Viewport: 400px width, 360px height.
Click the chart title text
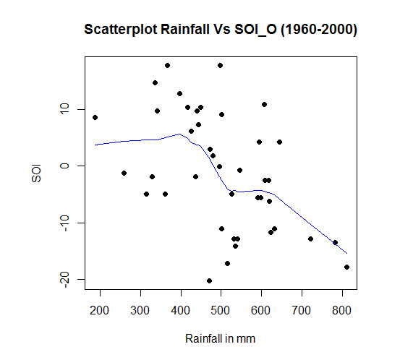[x=221, y=30]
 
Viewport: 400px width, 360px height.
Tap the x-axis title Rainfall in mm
[x=220, y=338]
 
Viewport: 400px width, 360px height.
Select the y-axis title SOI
[x=36, y=173]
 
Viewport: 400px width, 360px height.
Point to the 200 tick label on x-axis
[x=99, y=311]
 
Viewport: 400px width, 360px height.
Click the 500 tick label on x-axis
[x=220, y=311]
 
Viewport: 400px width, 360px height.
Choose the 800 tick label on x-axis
[x=341, y=311]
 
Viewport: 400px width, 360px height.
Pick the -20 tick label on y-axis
[x=64, y=280]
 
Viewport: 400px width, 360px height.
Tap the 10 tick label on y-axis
[x=64, y=109]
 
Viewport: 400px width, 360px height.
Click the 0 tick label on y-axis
[x=64, y=166]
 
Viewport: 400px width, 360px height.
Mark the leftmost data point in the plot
[x=95, y=118]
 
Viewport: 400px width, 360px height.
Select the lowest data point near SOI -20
[x=210, y=281]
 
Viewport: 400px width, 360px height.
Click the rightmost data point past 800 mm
[x=346, y=267]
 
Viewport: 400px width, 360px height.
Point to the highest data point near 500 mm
[x=221, y=66]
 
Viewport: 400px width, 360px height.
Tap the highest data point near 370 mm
[x=167, y=66]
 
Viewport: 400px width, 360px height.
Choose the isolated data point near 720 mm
[x=310, y=239]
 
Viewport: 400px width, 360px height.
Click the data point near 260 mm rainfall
[x=124, y=173]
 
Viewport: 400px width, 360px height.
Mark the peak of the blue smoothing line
[x=179, y=134]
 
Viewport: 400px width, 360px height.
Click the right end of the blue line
[x=347, y=254]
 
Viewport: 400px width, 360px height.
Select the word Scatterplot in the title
[x=121, y=30]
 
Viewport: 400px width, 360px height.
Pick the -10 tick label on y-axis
[x=64, y=223]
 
